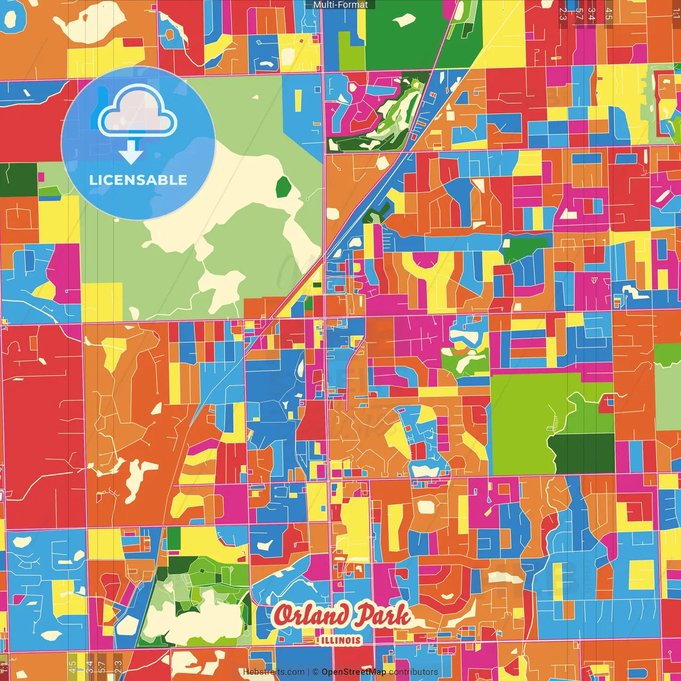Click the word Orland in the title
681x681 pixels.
[x=311, y=616]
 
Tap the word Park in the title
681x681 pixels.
[x=383, y=616]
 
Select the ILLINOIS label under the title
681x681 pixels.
[x=340, y=640]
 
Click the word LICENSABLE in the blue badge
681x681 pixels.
[x=138, y=180]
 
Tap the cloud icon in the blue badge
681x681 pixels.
[x=137, y=113]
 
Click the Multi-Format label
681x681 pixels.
[x=340, y=5]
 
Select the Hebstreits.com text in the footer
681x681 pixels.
[x=273, y=672]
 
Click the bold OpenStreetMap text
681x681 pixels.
[x=354, y=672]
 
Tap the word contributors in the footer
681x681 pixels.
[x=413, y=672]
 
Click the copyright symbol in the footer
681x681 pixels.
[x=315, y=672]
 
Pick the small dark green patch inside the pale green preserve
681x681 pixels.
[x=283, y=186]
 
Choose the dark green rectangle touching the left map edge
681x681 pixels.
[x=18, y=180]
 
